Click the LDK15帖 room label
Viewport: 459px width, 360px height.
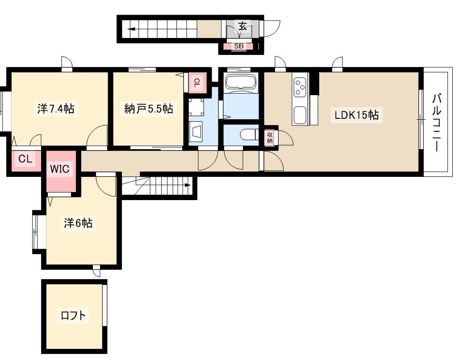point(357,115)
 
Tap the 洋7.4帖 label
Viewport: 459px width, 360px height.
point(56,109)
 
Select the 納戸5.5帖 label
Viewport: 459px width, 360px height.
point(149,109)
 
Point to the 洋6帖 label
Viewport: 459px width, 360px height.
point(78,223)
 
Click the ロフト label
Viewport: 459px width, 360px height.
point(73,315)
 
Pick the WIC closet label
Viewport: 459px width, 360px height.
point(59,169)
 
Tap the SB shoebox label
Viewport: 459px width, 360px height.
point(239,46)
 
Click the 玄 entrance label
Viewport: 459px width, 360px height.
point(242,27)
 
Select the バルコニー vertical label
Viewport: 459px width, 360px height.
point(437,122)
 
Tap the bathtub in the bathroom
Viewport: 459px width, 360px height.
point(241,81)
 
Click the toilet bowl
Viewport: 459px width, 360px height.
point(249,135)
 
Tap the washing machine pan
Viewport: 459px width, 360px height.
point(196,107)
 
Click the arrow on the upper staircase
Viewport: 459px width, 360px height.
point(131,29)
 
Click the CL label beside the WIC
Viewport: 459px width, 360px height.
point(25,159)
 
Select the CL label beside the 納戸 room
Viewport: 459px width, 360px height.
point(197,83)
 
